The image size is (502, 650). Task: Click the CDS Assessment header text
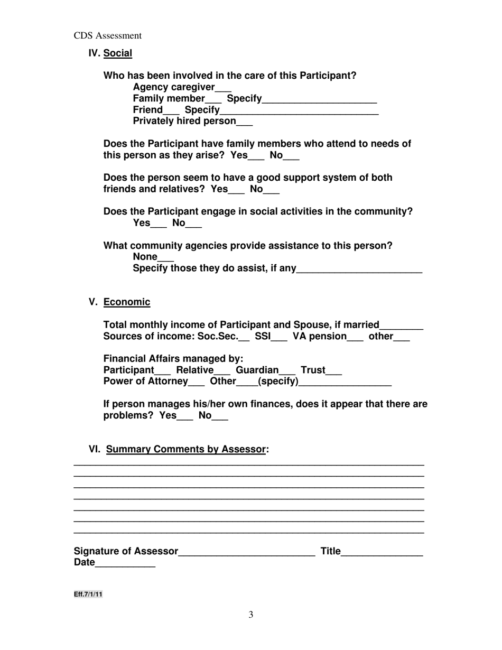pos(107,36)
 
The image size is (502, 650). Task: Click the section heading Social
pos(117,53)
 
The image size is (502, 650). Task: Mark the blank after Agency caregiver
pos(224,88)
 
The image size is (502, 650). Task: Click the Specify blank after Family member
pos(319,100)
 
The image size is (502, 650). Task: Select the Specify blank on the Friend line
pos(299,112)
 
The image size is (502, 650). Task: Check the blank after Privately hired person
pos(245,123)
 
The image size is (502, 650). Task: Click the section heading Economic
pos(127,302)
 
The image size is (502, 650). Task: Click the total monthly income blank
pos(402,327)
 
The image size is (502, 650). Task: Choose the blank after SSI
pos(279,338)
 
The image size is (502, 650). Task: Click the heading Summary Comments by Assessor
pos(185,450)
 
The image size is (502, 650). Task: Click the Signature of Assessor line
pos(247,553)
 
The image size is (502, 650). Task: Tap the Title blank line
pos(382,553)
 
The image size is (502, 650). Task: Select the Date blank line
pos(125,564)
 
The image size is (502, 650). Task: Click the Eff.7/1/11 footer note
pos(88,595)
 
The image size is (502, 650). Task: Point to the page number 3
pos(251,615)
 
